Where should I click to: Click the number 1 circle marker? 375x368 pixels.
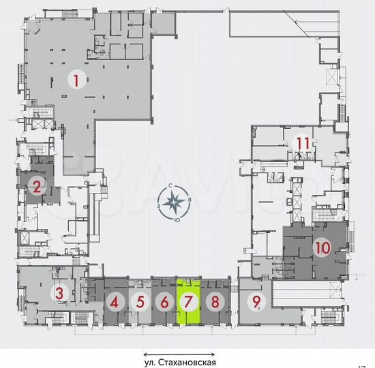pos(76,80)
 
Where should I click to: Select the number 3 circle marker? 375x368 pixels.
pos(60,294)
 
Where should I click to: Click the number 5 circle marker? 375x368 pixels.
pos(140,301)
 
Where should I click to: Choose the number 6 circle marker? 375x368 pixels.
pos(164,301)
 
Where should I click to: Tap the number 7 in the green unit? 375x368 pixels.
pos(189,301)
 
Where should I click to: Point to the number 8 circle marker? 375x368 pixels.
pos(215,301)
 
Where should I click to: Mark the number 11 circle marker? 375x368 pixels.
pos(303,143)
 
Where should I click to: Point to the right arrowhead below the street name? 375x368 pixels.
pos(214,354)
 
